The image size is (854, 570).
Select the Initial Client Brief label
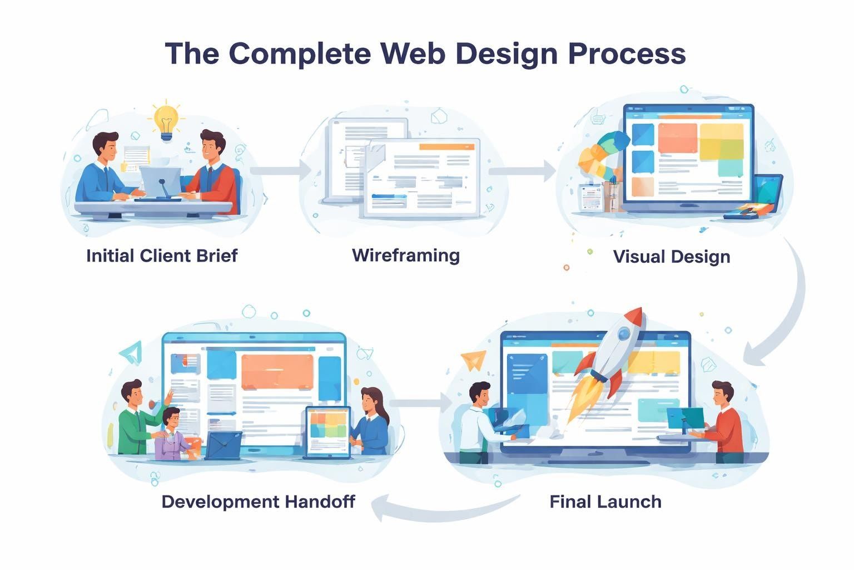point(162,255)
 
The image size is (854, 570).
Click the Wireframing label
point(406,255)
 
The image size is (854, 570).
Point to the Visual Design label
point(671,257)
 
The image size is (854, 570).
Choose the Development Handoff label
point(258,502)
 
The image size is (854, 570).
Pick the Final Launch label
point(605,502)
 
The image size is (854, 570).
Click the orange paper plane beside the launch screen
point(473,360)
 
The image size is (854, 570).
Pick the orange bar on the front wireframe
point(443,146)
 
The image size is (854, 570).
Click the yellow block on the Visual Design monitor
point(721,140)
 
